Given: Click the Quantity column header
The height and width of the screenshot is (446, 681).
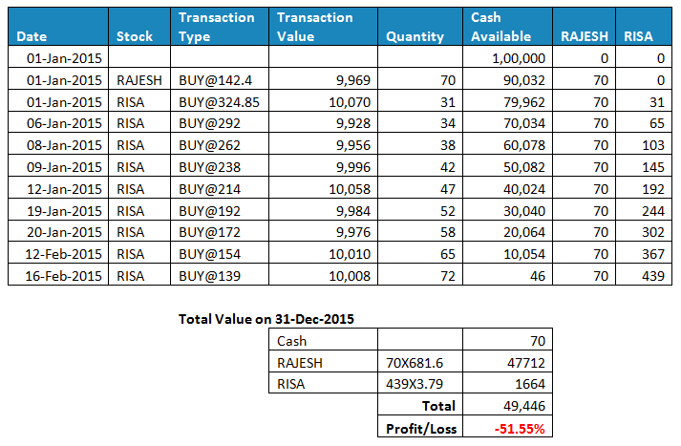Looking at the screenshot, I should pos(415,36).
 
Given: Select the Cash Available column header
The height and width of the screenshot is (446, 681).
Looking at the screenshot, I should pos(501,27).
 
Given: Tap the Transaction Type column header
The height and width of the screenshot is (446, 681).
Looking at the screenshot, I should pos(217,27).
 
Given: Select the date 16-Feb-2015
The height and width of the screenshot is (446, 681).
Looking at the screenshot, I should pos(59,276).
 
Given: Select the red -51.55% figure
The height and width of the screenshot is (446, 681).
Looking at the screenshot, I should pos(519,429).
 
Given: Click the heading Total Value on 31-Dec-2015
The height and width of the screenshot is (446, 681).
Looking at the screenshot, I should pos(266,319).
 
